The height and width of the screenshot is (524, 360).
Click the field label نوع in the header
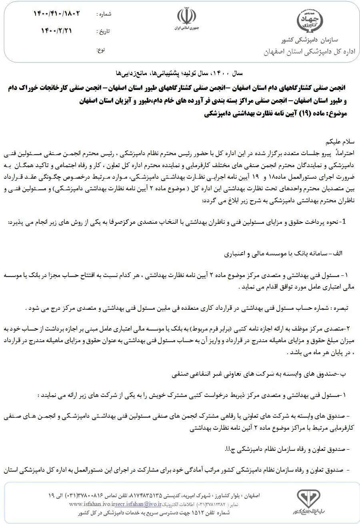101,50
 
